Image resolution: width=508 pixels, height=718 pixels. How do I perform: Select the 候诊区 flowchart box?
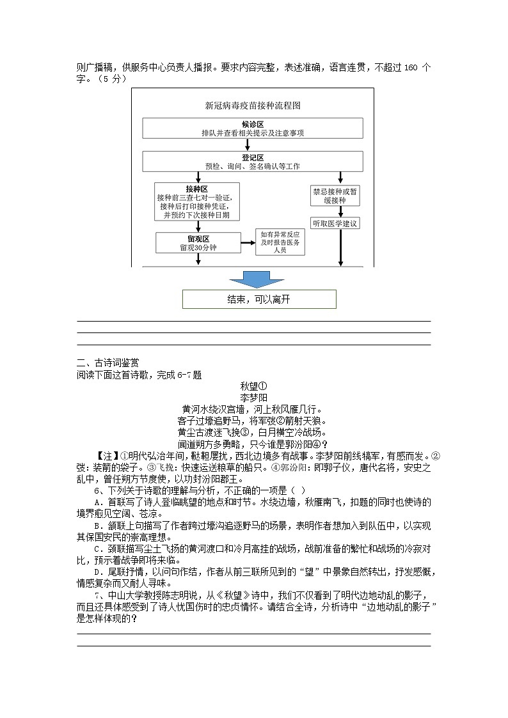[x=253, y=128]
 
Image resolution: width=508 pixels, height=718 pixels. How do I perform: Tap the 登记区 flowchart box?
[x=253, y=161]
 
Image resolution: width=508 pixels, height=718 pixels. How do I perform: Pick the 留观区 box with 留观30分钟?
[x=197, y=242]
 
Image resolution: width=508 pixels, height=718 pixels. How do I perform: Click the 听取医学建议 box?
[x=335, y=224]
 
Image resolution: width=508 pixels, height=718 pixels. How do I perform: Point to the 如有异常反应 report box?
[x=280, y=242]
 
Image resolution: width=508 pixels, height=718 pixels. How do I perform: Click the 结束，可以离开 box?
[x=259, y=299]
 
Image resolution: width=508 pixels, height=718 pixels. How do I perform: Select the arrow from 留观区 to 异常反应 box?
[x=246, y=242]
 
